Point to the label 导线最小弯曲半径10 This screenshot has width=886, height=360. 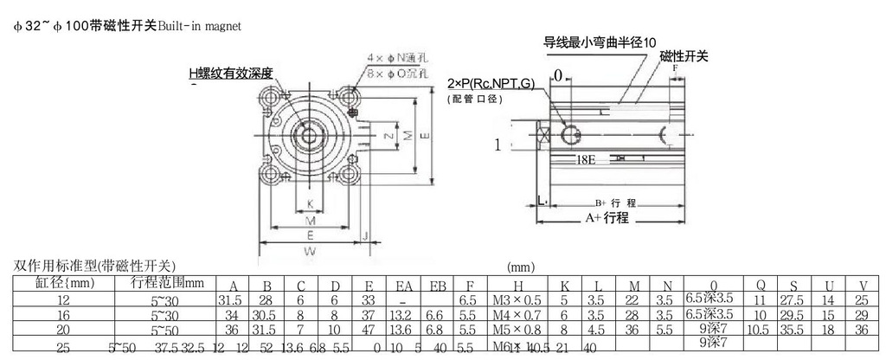point(600,42)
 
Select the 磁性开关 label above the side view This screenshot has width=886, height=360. point(684,56)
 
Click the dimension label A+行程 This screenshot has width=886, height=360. point(607,218)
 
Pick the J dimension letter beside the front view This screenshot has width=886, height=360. point(366,235)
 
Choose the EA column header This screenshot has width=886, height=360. point(405,286)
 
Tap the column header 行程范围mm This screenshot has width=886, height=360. point(168,282)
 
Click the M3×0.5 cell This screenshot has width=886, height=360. point(517,300)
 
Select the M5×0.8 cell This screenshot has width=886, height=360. point(517,330)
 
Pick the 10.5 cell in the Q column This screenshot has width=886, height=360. point(758,330)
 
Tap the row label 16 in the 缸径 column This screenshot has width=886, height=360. point(62,315)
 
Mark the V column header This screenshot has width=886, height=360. point(863,286)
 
